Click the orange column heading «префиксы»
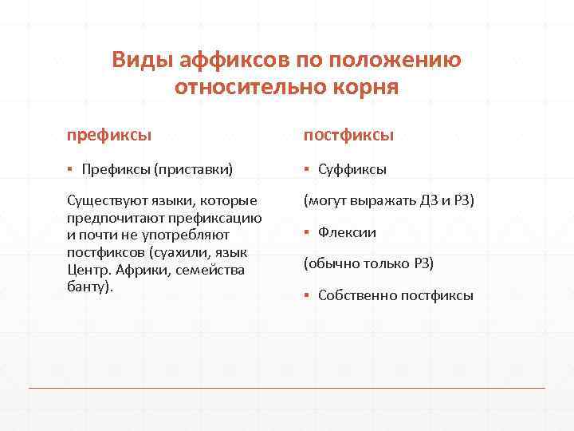(110, 135)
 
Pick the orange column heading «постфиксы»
(348, 135)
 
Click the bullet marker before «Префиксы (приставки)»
(70, 169)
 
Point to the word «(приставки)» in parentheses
(194, 169)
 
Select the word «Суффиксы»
(352, 169)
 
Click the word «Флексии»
(347, 232)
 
